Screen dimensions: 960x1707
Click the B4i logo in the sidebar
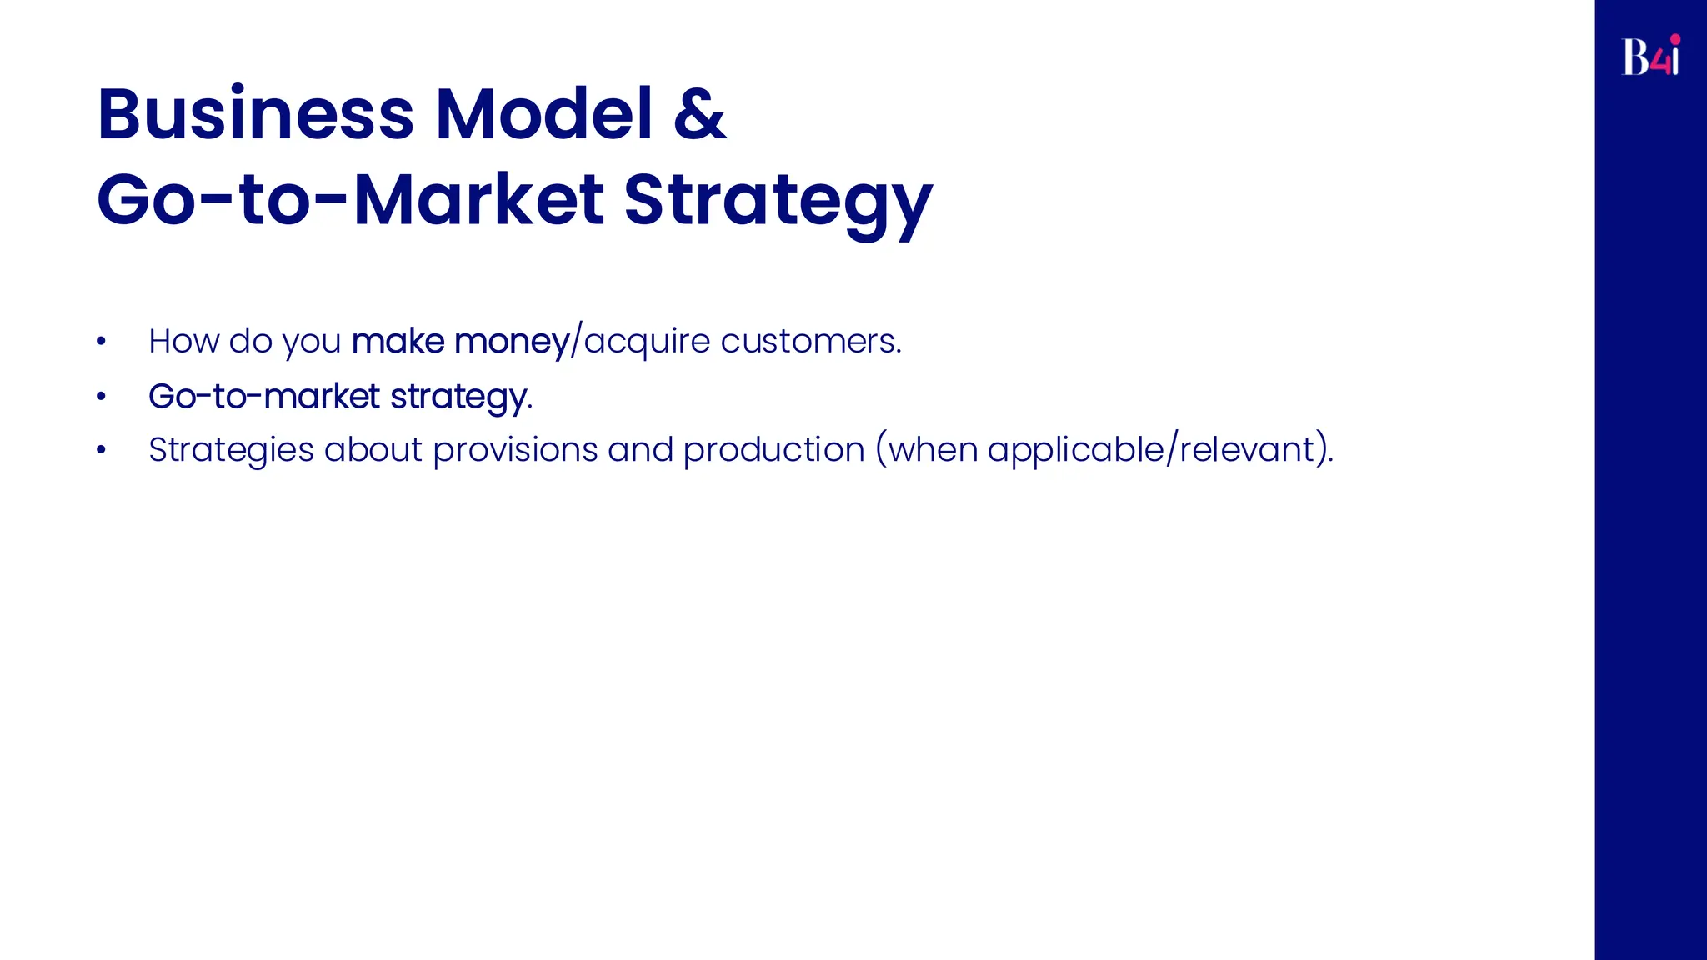click(x=1650, y=57)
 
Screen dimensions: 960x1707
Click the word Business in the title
click(x=255, y=114)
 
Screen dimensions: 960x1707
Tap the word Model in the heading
click(x=543, y=114)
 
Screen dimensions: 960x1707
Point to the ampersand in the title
click(x=699, y=114)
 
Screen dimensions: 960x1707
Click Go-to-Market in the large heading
click(x=350, y=200)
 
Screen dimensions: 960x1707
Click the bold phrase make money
click(x=460, y=342)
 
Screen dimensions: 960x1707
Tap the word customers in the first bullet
click(x=810, y=342)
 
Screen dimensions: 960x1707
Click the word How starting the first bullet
click(x=183, y=341)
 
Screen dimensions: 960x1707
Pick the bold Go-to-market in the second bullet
click(x=263, y=396)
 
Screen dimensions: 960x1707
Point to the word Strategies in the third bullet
click(x=231, y=451)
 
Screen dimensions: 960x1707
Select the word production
click(x=773, y=451)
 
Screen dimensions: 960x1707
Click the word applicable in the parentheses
click(x=1075, y=451)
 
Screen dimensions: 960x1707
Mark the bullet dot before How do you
click(x=101, y=341)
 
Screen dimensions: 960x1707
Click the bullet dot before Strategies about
click(x=101, y=450)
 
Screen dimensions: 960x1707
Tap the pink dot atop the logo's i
click(x=1675, y=38)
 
